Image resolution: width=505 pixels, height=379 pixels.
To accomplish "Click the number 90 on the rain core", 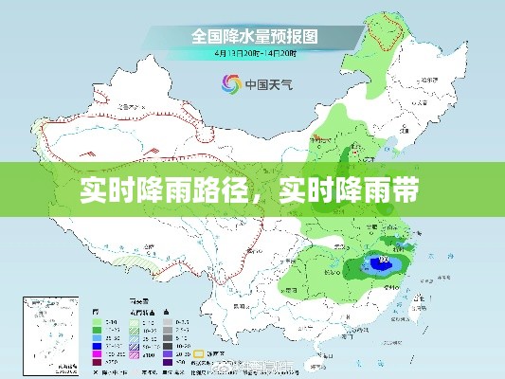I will (x=384, y=258).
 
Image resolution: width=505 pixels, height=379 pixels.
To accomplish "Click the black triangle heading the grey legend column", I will (x=168, y=311).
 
